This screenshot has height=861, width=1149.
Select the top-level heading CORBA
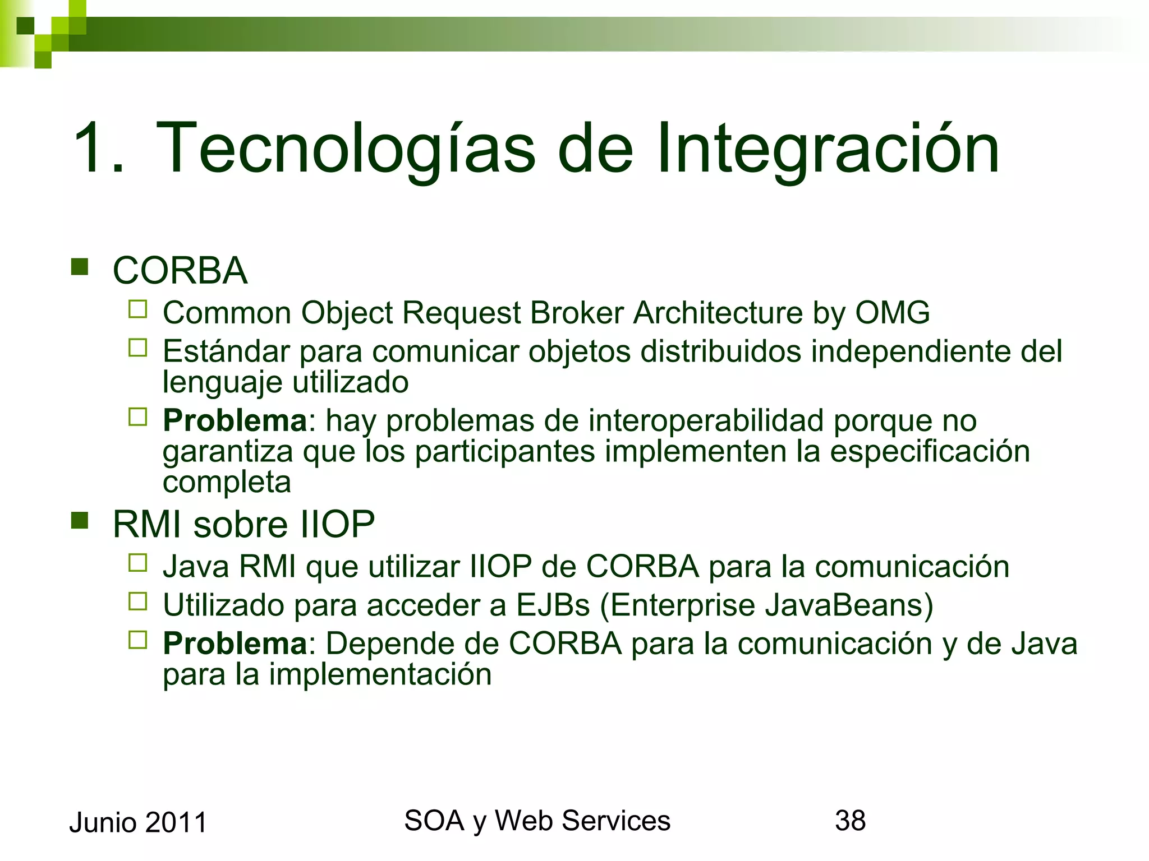coord(180,271)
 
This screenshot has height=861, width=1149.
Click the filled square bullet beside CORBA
coord(80,267)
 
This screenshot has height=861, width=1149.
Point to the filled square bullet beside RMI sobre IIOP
coord(80,521)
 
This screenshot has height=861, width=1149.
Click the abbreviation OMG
coord(892,312)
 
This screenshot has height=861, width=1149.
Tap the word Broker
coord(577,312)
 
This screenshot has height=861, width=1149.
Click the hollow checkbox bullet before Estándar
coord(137,348)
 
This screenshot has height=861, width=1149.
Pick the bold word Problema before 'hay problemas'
coord(235,420)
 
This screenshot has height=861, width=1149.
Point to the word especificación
coord(930,451)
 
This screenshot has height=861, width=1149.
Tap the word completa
coord(227,482)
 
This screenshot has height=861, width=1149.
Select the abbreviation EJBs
coord(553,605)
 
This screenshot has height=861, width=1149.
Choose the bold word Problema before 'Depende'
coord(235,644)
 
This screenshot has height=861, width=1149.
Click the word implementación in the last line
coord(380,674)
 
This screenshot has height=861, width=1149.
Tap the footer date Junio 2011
coord(138,823)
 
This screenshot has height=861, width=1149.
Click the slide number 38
coord(850,821)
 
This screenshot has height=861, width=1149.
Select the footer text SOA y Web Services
coord(537,821)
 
